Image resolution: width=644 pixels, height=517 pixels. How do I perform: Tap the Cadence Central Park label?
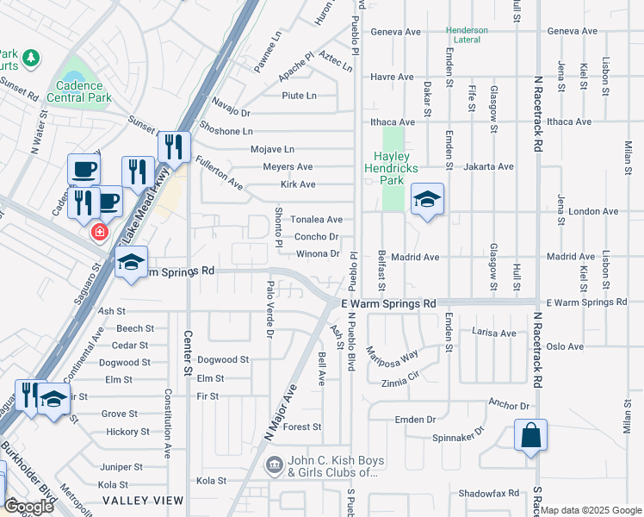click(x=84, y=91)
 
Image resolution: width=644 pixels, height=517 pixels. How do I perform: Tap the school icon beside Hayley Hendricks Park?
click(x=427, y=201)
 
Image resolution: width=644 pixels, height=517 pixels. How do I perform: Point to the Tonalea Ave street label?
click(x=316, y=220)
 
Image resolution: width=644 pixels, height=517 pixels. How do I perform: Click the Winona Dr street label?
click(x=318, y=253)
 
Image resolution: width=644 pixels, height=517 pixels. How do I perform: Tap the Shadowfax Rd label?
click(x=489, y=493)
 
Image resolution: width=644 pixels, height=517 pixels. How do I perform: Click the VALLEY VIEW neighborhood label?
click(x=142, y=500)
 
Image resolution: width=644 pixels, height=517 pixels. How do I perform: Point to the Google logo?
click(x=28, y=507)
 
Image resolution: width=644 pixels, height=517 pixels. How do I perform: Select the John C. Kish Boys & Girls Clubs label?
click(x=332, y=466)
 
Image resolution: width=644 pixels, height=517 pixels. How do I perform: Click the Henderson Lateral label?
click(x=467, y=35)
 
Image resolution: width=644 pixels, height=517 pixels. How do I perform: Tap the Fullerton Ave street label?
click(x=219, y=171)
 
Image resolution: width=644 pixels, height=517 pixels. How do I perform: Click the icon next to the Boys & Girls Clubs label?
click(x=274, y=466)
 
